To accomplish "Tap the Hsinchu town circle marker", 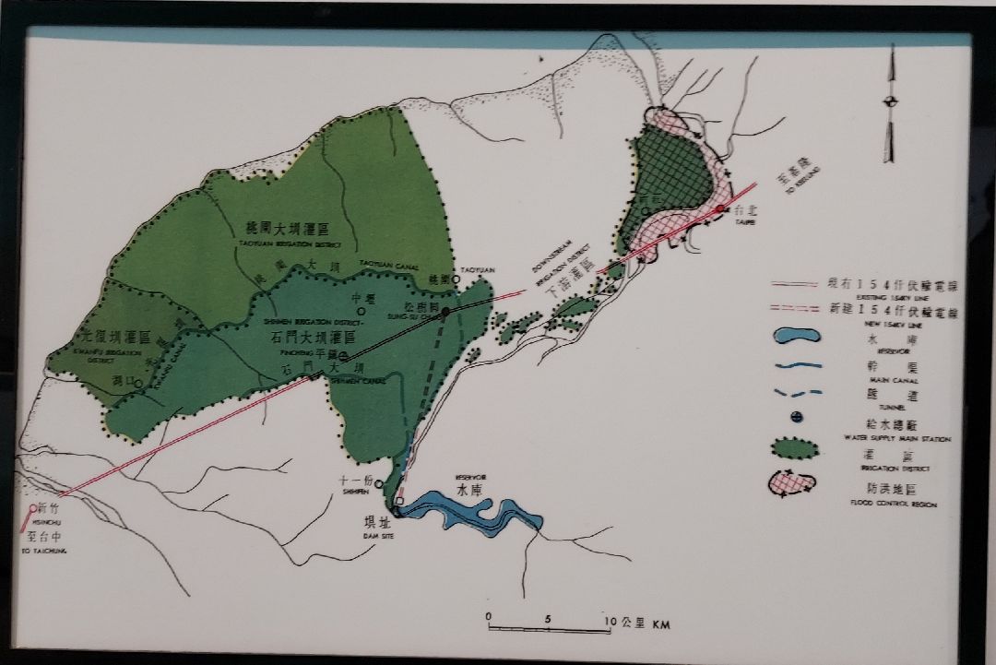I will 33,507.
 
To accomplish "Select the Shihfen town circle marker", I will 378,483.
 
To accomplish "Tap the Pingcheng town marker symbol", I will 343,356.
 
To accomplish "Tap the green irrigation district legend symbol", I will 795,450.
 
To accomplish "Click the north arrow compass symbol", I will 891,101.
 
